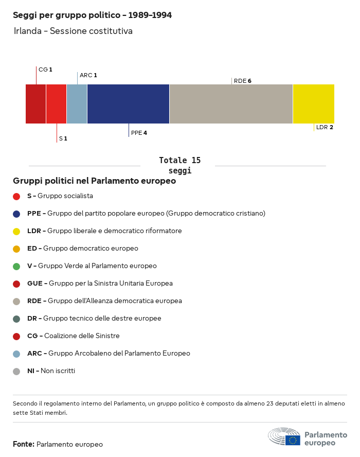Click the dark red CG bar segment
35,104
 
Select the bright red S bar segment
56,104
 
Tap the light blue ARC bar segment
77,104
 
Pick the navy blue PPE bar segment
128,104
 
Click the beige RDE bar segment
231,104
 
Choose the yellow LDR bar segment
313,104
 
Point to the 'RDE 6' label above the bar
242,81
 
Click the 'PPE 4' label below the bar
139,133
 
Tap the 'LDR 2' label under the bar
325,127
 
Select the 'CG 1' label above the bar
45,69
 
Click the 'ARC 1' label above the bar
88,75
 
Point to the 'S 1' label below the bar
63,138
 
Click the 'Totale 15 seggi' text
179,166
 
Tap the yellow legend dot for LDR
16,231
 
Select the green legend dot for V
16,266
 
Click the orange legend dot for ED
16,249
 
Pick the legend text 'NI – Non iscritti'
51,371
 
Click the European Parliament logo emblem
284,437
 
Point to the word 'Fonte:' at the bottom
24,444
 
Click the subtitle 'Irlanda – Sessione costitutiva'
73,31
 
